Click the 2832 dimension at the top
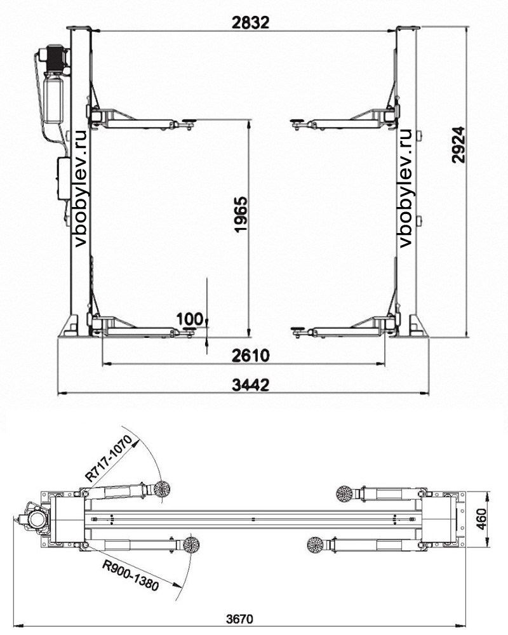250,23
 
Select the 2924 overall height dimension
458,145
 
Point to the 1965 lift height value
241,214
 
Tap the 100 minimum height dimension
189,319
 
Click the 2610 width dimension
250,356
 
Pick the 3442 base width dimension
250,385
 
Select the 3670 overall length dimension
239,619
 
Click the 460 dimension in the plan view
481,519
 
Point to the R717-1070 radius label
109,458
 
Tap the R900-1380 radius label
130,575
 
